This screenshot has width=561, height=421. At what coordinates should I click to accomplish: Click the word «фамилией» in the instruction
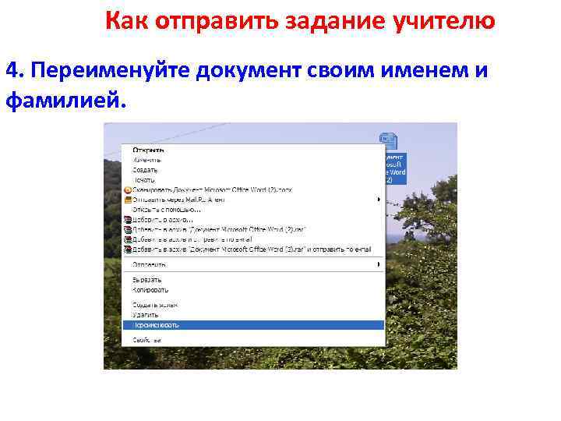pyautogui.click(x=62, y=101)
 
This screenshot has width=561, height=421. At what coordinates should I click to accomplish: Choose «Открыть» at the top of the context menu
pyautogui.click(x=147, y=150)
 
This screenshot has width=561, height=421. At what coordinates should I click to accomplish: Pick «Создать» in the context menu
pyautogui.click(x=145, y=170)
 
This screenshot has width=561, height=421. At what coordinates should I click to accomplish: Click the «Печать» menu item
pyautogui.click(x=143, y=180)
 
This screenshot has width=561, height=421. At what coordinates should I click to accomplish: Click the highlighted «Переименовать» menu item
pyautogui.click(x=156, y=324)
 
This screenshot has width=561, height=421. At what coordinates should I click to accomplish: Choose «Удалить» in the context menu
pyautogui.click(x=145, y=314)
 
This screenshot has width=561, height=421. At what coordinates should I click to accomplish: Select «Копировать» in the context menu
pyautogui.click(x=150, y=289)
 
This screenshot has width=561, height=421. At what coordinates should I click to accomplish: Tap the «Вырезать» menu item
pyautogui.click(x=147, y=279)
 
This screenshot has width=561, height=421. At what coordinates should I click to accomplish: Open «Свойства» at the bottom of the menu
pyautogui.click(x=146, y=340)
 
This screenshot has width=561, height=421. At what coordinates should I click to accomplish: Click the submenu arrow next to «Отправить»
pyautogui.click(x=379, y=264)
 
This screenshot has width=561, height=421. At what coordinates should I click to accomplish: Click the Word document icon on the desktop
pyautogui.click(x=388, y=141)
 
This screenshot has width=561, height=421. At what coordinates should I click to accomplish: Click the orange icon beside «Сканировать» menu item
pyautogui.click(x=127, y=189)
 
